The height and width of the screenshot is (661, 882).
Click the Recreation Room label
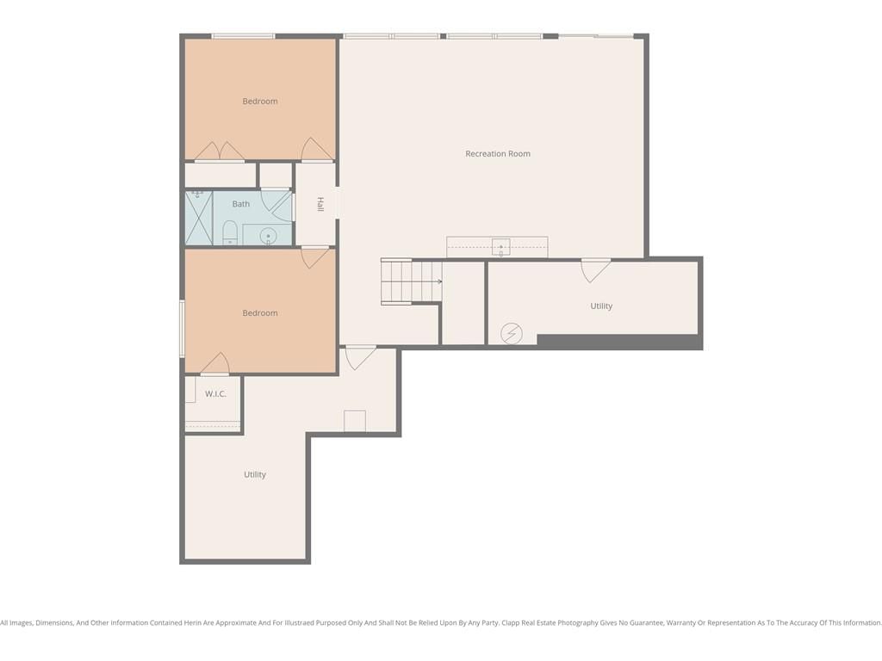point(497,153)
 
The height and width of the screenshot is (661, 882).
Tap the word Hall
point(320,204)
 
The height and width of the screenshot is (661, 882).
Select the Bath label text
point(241,204)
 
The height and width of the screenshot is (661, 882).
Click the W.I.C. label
point(215,393)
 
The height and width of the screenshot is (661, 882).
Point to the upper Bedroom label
point(260,102)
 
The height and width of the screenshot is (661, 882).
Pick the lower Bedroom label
point(260,313)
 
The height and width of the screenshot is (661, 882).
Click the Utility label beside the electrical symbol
point(601,306)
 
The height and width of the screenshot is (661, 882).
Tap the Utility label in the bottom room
point(255,474)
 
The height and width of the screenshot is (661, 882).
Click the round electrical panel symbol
point(512,333)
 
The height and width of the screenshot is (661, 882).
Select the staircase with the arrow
point(411,281)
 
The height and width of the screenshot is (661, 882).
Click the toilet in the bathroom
point(229,232)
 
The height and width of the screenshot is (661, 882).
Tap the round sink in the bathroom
point(269,236)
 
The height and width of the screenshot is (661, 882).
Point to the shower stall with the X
point(199,218)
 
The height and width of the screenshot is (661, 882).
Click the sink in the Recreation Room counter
point(500,247)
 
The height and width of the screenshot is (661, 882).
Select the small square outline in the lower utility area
point(355,421)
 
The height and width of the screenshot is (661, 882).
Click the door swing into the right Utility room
point(594,270)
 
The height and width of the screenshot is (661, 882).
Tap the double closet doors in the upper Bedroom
point(220,151)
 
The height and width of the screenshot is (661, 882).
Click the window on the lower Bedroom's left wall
point(182,329)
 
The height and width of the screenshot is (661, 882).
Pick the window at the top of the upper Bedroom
point(243,36)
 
